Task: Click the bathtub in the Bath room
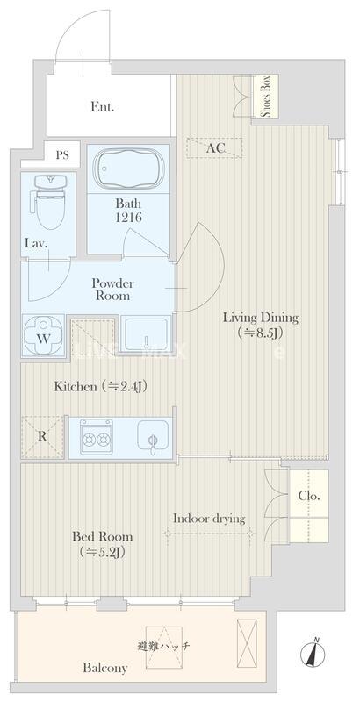point(127,168)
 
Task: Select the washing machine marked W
point(42,336)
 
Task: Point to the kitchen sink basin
point(153,434)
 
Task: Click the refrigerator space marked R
point(42,436)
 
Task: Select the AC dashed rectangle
point(214,147)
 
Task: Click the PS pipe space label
point(62,155)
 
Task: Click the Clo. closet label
point(309,497)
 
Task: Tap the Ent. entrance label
point(103,107)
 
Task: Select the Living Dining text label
point(261,319)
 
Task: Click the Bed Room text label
point(103,536)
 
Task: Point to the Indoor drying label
point(209,519)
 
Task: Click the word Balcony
point(104,669)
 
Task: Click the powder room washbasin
point(146,334)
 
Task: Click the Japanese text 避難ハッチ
point(164,646)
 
